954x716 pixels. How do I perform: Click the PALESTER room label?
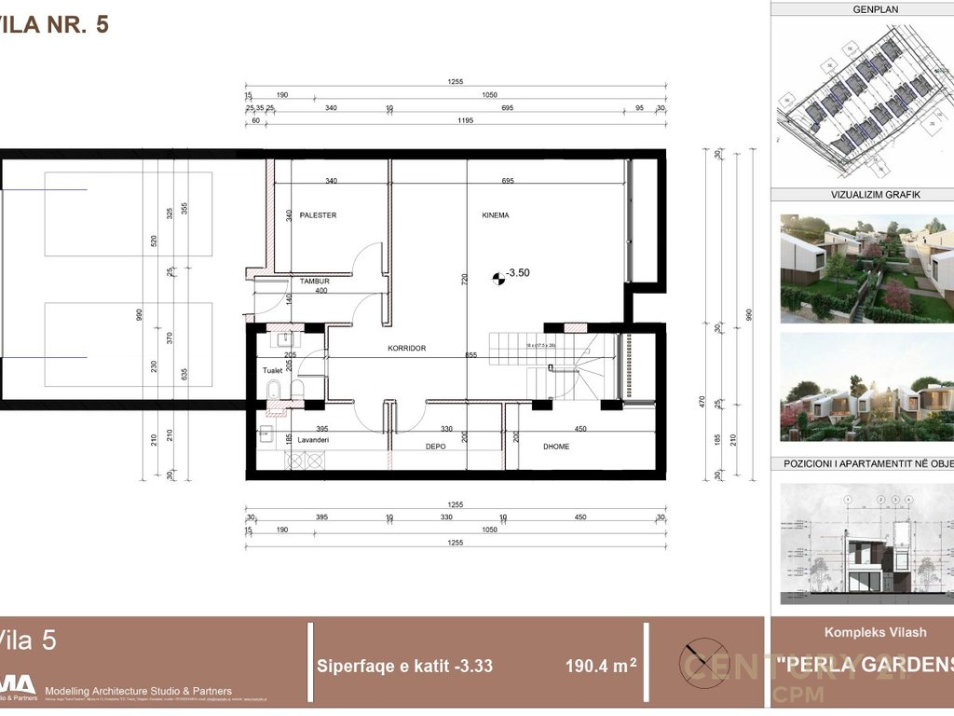click(318, 215)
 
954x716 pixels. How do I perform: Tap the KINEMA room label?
click(496, 215)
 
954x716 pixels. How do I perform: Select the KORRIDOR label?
click(407, 348)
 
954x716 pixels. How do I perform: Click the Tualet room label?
click(272, 370)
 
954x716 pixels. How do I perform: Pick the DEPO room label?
click(435, 447)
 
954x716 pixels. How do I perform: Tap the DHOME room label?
click(556, 447)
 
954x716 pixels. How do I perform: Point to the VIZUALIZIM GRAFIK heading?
click(862, 195)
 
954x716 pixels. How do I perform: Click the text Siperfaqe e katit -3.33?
click(405, 667)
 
